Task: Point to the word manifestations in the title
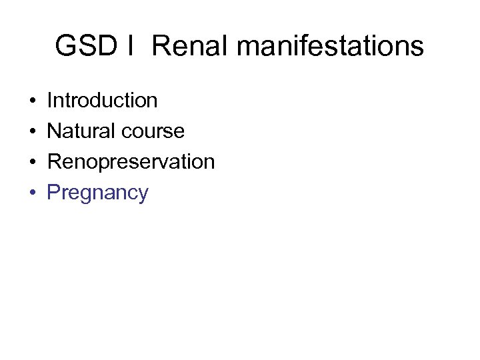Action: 330,47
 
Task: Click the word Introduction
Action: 102,101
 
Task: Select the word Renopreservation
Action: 131,162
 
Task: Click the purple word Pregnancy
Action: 97,193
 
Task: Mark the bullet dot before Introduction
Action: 33,101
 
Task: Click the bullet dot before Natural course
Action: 33,132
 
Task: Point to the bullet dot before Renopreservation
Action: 33,163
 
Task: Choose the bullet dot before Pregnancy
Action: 33,193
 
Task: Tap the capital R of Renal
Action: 160,47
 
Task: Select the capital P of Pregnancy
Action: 53,193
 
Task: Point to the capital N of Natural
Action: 54,131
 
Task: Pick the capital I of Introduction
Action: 50,101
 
